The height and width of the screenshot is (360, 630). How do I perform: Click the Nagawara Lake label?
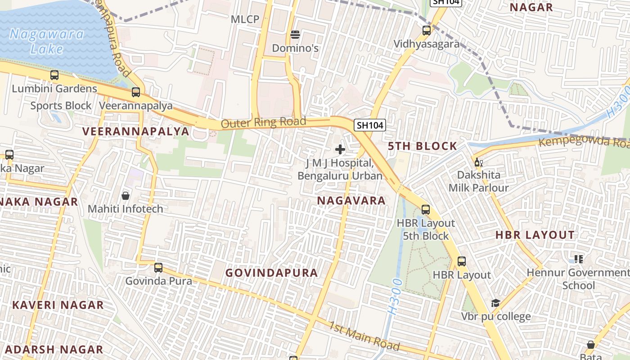(47, 41)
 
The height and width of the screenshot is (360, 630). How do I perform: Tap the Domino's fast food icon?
(295, 35)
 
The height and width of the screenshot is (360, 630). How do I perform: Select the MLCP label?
(245, 19)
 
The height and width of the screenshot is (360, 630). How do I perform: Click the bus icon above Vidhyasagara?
(426, 31)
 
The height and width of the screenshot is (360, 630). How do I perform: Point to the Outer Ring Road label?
(264, 122)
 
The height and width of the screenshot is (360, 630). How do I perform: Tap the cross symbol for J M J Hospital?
(340, 149)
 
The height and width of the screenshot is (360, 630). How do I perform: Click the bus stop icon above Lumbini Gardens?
(54, 75)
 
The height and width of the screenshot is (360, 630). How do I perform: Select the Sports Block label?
(61, 106)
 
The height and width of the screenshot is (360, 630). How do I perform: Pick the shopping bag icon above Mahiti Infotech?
(126, 196)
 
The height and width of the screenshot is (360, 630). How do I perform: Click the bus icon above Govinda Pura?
(158, 268)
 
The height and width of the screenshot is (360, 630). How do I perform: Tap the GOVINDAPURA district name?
(271, 273)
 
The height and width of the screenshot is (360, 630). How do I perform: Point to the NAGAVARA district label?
(351, 201)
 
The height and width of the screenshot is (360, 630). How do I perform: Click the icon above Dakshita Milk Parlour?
(478, 162)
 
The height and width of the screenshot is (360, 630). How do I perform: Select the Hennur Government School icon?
(578, 259)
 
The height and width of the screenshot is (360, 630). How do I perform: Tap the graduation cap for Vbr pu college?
(495, 303)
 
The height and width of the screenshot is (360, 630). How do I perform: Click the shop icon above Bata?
(590, 345)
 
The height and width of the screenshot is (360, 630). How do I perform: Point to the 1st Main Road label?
(364, 336)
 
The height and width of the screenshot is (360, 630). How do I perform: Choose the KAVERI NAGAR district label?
(58, 305)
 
